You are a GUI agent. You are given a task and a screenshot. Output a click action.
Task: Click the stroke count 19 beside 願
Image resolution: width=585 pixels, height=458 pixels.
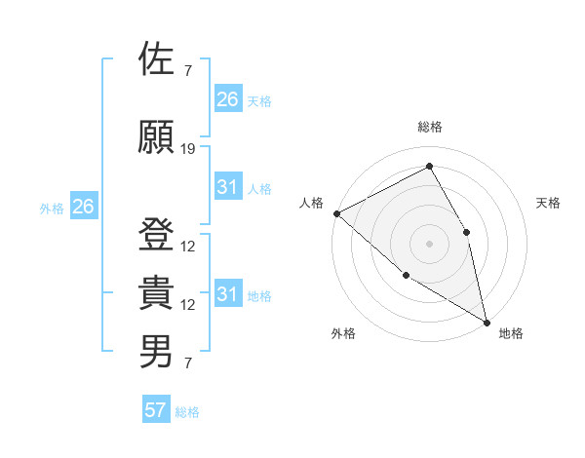[188, 149]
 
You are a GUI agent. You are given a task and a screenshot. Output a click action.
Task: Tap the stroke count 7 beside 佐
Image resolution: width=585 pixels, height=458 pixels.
[187, 71]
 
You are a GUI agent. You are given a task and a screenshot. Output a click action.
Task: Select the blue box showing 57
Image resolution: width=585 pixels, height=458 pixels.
[156, 410]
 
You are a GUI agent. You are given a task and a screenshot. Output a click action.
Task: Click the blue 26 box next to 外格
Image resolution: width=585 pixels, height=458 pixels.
[83, 207]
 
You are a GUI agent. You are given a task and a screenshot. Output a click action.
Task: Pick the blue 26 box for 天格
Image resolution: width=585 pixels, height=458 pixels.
[227, 99]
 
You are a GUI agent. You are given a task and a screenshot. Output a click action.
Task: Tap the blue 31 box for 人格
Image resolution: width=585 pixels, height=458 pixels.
[227, 187]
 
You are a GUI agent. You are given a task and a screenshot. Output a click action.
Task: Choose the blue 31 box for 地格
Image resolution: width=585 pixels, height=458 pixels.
[227, 294]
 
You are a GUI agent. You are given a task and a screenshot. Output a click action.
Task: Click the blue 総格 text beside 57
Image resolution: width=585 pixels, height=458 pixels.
[187, 412]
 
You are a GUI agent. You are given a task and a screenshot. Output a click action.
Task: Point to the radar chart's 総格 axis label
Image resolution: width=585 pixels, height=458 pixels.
[430, 128]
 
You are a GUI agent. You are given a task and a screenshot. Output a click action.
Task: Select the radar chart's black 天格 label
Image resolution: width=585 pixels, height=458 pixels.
[548, 203]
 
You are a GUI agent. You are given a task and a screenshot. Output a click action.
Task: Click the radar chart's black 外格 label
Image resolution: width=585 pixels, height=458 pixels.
[343, 334]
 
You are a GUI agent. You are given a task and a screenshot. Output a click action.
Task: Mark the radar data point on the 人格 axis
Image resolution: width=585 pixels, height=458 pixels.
[336, 213]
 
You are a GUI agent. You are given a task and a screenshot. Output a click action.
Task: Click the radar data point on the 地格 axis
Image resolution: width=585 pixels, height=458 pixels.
[487, 321]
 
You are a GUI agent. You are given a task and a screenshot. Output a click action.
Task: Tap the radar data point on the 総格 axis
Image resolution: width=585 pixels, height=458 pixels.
[430, 167]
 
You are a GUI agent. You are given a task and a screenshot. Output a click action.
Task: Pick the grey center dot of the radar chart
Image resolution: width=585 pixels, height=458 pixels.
[430, 243]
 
